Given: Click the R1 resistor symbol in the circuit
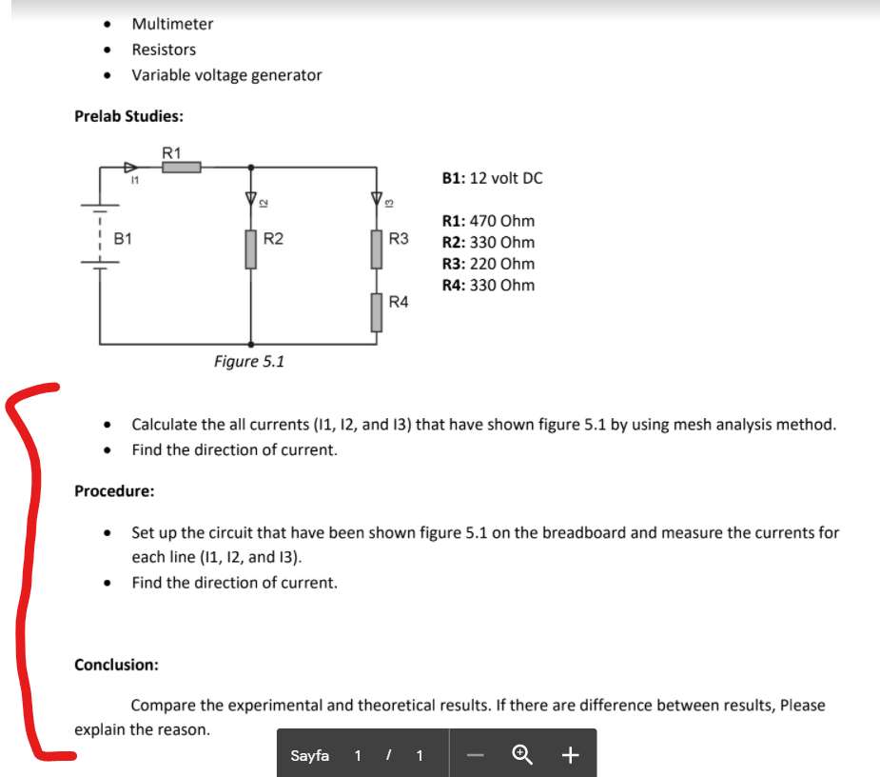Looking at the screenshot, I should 181,168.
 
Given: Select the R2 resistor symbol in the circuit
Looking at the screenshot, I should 251,249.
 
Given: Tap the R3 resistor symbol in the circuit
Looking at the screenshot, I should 377,249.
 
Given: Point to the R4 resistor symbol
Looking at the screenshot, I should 377,311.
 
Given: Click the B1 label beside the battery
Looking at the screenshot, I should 123,239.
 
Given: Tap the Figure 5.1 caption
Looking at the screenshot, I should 248,362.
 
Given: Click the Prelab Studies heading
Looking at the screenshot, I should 128,116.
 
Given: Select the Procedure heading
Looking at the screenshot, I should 114,491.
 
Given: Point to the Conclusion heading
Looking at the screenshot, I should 116,665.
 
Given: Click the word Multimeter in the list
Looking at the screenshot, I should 172,24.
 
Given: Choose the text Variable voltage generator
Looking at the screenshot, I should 226,75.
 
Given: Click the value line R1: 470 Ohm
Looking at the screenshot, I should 488,221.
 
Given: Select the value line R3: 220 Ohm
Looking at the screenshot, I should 488,264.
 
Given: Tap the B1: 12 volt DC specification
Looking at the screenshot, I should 493,178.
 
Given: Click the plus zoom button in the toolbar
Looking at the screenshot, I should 570,755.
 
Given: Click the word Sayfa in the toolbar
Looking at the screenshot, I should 309,755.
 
